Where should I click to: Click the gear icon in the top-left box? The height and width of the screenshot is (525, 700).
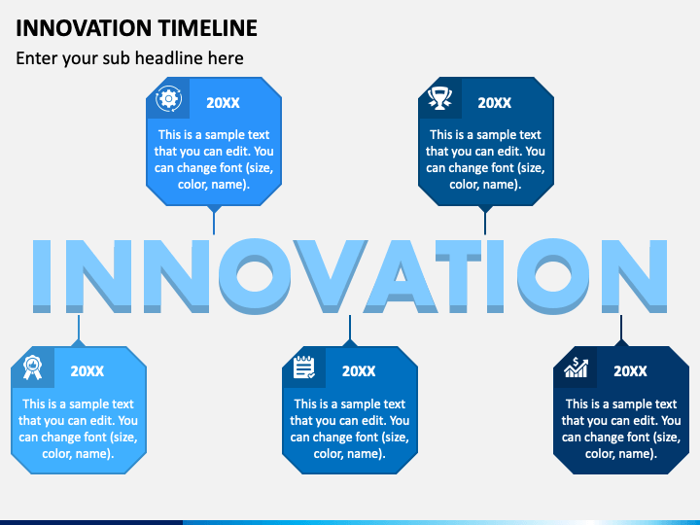click(x=169, y=98)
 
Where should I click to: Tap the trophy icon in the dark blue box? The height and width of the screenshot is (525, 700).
click(x=439, y=98)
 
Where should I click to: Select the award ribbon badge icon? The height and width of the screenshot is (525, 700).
click(x=32, y=367)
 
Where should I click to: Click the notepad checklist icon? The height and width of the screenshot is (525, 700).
click(x=304, y=367)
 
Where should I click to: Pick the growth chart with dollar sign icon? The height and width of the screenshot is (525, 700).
click(x=576, y=367)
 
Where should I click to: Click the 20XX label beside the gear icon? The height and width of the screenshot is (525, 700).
click(x=223, y=103)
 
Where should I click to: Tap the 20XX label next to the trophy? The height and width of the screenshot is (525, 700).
click(x=494, y=103)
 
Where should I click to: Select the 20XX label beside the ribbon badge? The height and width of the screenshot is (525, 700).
click(x=87, y=371)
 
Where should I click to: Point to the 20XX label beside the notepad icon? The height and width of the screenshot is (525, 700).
click(x=359, y=371)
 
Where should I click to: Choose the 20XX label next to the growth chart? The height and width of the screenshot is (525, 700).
click(x=630, y=371)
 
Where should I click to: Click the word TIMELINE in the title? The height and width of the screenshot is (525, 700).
click(x=208, y=28)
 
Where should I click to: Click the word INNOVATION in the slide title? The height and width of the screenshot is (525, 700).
click(x=84, y=28)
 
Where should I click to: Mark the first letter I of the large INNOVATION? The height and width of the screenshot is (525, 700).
click(x=42, y=276)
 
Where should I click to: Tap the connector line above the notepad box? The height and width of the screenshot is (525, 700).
click(x=350, y=328)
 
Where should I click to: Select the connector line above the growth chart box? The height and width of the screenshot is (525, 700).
click(x=621, y=328)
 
